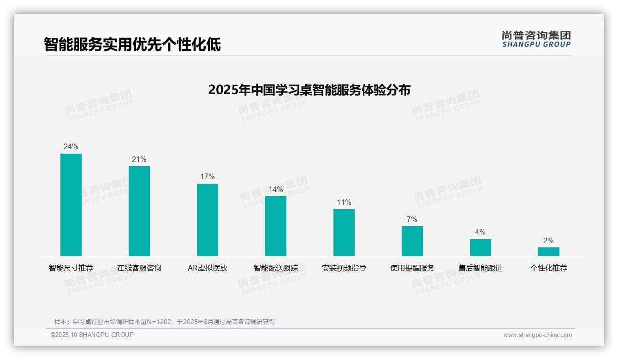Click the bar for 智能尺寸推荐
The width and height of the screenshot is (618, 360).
(71, 204)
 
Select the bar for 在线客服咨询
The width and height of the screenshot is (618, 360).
(139, 211)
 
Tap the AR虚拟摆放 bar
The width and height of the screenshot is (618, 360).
(208, 220)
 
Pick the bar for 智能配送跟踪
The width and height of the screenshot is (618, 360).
(276, 226)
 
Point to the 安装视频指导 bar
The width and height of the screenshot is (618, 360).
(344, 232)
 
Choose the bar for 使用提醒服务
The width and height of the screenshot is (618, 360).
(412, 240)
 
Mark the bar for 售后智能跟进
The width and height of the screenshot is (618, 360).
(481, 247)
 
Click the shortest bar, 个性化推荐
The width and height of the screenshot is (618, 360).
(548, 252)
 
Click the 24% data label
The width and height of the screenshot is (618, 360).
(71, 147)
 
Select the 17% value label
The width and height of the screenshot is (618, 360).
(208, 177)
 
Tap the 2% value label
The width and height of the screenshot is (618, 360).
(548, 241)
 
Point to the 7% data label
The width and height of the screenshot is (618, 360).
(412, 219)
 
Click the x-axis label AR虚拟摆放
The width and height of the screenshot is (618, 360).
(208, 268)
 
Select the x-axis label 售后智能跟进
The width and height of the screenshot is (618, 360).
(481, 268)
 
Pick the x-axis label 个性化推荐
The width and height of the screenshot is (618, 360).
(548, 268)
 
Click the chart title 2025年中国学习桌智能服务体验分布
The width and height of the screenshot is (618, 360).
(309, 90)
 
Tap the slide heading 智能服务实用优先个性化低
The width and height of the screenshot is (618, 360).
(132, 44)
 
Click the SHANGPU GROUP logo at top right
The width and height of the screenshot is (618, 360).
(536, 39)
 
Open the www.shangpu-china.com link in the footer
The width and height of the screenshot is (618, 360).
(537, 335)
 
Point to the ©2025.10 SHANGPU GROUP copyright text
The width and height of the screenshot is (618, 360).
(92, 335)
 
